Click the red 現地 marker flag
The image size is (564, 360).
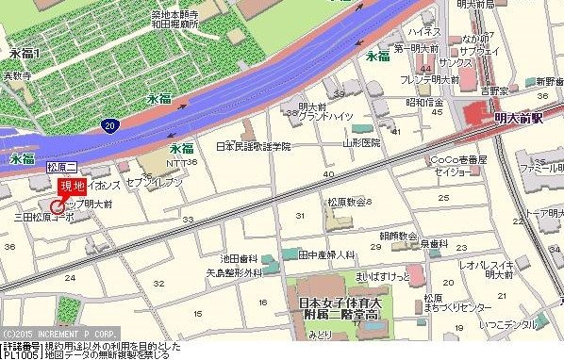tap(72, 186)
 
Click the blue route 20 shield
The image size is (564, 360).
tap(111, 124)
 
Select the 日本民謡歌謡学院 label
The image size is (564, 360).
tap(254, 147)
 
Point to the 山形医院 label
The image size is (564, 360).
tap(361, 143)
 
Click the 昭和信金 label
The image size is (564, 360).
tap(423, 103)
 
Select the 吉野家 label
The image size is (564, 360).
tap(493, 90)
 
